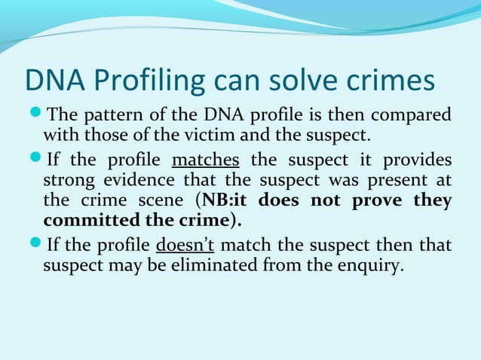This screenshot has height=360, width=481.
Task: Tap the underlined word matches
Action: pyautogui.click(x=206, y=161)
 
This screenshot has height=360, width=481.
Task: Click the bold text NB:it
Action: pyautogui.click(x=225, y=202)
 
